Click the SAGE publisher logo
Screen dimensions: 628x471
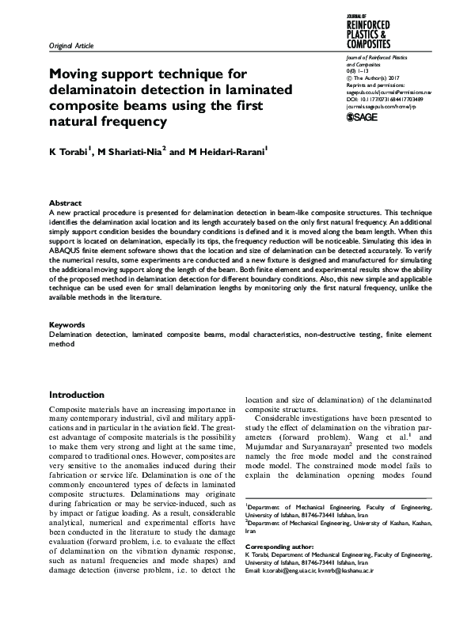click(367, 117)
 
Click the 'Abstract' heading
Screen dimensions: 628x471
click(65, 203)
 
